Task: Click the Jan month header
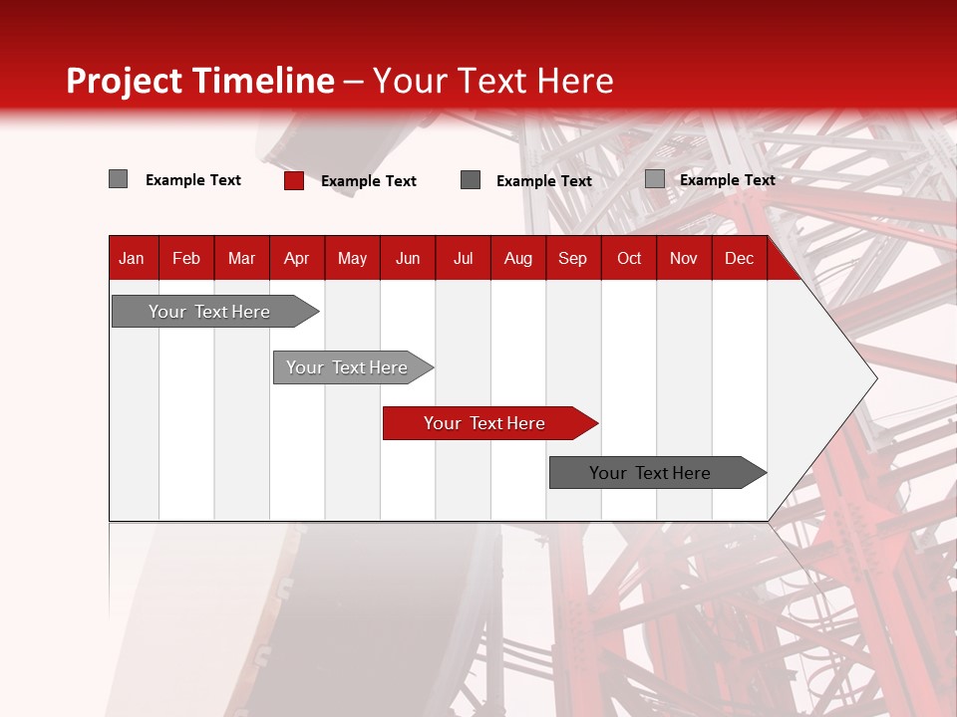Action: click(133, 258)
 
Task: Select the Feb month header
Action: click(186, 258)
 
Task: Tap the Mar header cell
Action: click(241, 258)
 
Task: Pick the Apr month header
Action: click(297, 258)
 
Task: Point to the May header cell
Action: click(352, 258)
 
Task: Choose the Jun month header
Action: click(408, 258)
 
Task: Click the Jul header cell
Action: click(463, 258)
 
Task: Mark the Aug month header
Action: click(518, 258)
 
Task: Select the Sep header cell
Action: click(573, 258)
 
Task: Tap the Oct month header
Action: click(629, 258)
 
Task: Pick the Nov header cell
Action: click(684, 258)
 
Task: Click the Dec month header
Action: click(740, 258)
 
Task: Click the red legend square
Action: click(294, 180)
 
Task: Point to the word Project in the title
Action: click(126, 81)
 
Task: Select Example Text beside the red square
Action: click(369, 181)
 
